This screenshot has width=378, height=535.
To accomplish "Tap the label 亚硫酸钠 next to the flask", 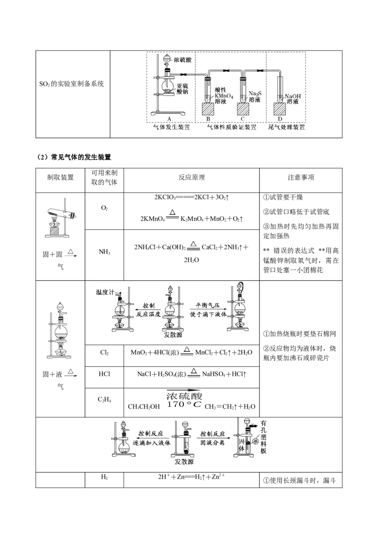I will click(x=183, y=90).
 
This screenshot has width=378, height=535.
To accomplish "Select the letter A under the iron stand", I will click(x=170, y=119).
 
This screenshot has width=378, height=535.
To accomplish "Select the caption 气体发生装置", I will click(x=168, y=127).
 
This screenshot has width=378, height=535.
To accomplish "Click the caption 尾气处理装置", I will click(x=287, y=127).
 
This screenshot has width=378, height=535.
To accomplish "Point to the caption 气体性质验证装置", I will click(x=232, y=127).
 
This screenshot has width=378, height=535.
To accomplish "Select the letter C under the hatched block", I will click(x=243, y=119).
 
